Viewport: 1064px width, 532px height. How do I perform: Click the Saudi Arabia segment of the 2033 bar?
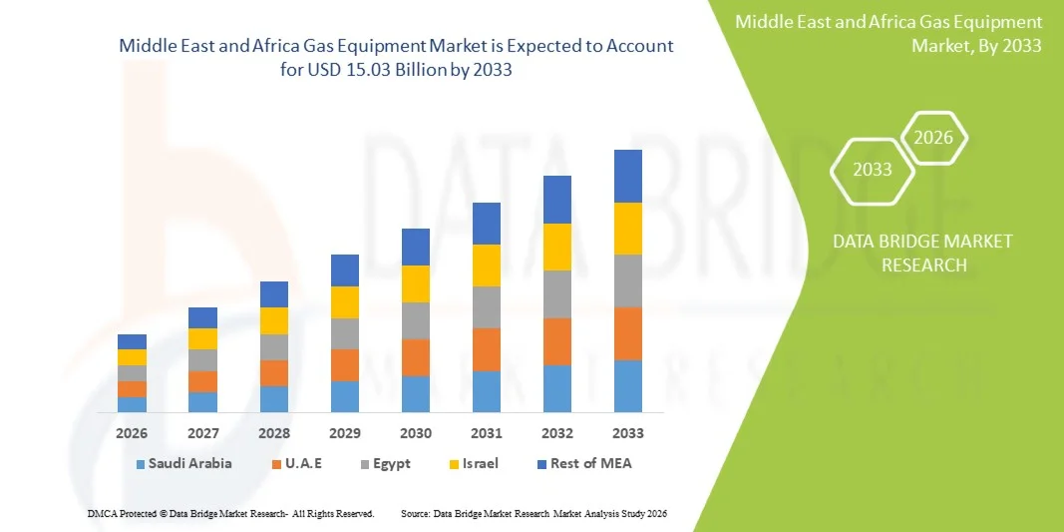pyautogui.click(x=627, y=386)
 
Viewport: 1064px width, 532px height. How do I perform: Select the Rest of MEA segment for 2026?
pyautogui.click(x=132, y=341)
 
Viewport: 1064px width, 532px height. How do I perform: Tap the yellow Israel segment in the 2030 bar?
pyautogui.click(x=415, y=283)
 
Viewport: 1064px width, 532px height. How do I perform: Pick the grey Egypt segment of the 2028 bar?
pyautogui.click(x=273, y=346)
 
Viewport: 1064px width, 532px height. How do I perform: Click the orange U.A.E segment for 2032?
pyautogui.click(x=556, y=341)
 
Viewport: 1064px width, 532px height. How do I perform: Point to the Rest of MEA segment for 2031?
pyautogui.click(x=486, y=224)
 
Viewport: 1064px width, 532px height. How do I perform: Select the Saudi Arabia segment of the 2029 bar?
pyautogui.click(x=344, y=396)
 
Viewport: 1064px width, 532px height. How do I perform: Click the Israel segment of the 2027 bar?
pyautogui.click(x=202, y=338)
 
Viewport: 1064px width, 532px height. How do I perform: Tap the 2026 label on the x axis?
pyautogui.click(x=132, y=433)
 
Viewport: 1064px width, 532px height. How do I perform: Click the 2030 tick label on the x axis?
pyautogui.click(x=415, y=433)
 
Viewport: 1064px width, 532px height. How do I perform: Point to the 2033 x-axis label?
pyautogui.click(x=627, y=433)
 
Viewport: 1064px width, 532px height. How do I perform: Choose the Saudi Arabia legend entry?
pyautogui.click(x=183, y=463)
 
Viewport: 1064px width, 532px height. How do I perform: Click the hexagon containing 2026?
pyautogui.click(x=933, y=138)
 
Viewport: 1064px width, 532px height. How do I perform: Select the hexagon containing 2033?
pyautogui.click(x=873, y=170)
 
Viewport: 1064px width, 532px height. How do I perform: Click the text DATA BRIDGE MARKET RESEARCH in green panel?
pyautogui.click(x=907, y=254)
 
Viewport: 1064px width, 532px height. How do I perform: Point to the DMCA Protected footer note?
pyautogui.click(x=230, y=513)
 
